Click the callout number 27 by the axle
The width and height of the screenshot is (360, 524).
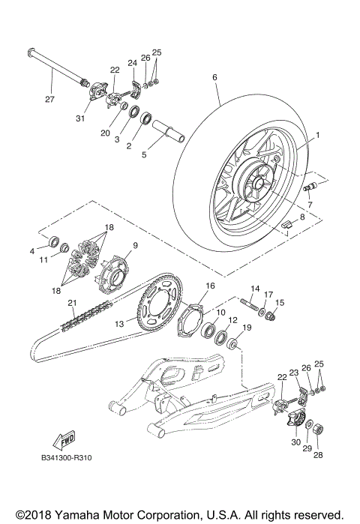(x=49, y=99)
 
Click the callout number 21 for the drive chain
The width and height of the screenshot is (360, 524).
(x=51, y=303)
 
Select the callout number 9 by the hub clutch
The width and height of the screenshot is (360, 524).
(x=136, y=245)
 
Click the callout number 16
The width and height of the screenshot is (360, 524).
(x=211, y=286)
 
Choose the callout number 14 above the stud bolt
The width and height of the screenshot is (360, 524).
(x=254, y=289)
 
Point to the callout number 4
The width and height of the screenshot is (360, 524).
(x=33, y=250)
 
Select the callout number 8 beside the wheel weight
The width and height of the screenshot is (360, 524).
(x=302, y=217)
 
